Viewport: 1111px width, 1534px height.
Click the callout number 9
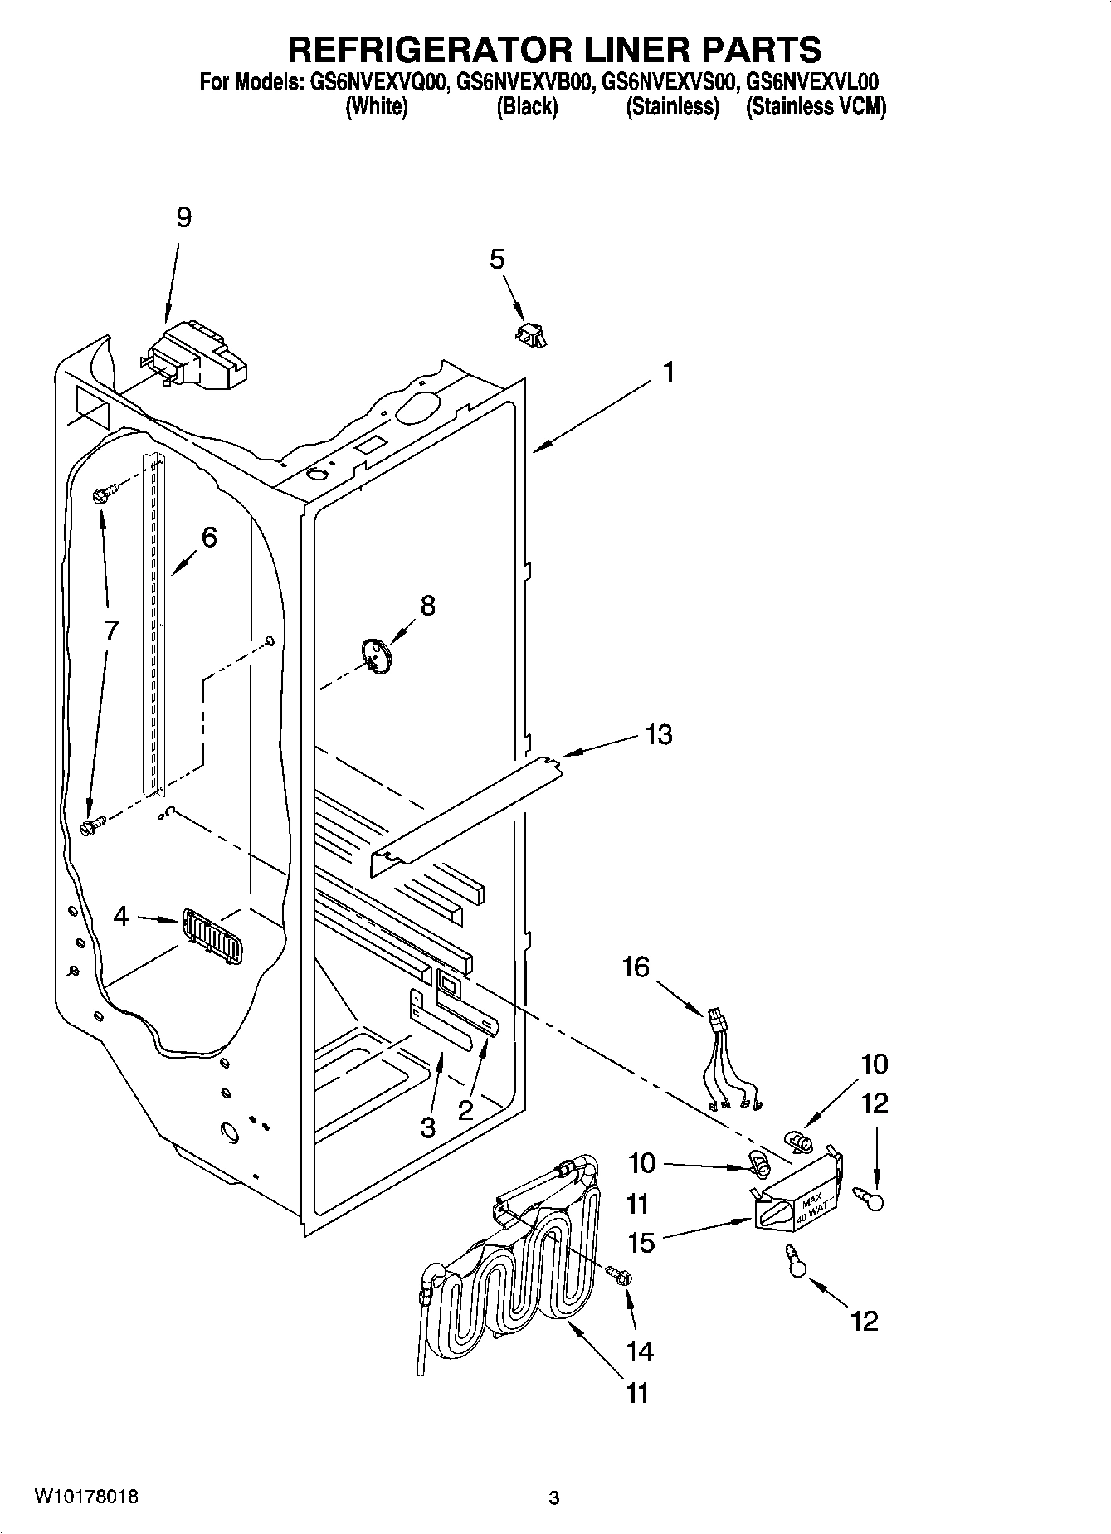pos(183,217)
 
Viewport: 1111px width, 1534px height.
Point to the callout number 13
pos(659,734)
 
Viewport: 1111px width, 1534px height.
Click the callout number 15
pos(641,1242)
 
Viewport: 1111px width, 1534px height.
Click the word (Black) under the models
pos(527,107)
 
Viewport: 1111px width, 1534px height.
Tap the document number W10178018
pos(85,1497)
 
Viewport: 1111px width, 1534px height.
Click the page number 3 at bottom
pos(554,1498)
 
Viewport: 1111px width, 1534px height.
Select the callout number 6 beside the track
pos(209,538)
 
